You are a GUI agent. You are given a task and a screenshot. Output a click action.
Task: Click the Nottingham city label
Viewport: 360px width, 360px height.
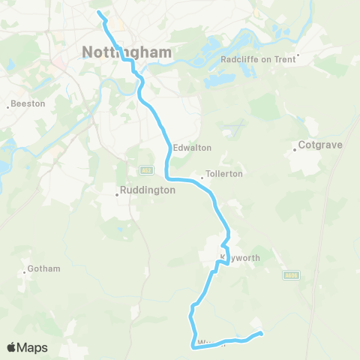click(x=126, y=52)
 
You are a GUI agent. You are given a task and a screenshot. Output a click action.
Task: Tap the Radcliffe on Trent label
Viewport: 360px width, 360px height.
click(x=259, y=59)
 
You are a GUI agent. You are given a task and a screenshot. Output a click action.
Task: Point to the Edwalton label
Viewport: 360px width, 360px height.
click(x=192, y=148)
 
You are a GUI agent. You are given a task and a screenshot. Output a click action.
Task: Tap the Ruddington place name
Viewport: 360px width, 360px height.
click(x=148, y=190)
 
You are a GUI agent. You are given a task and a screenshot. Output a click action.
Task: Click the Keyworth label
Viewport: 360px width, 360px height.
click(x=239, y=257)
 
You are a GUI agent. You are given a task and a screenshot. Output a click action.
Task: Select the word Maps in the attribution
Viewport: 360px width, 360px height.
click(x=33, y=347)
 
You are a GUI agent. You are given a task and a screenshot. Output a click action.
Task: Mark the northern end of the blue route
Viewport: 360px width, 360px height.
click(x=99, y=12)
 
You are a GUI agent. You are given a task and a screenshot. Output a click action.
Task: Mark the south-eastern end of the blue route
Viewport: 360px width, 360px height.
click(x=260, y=333)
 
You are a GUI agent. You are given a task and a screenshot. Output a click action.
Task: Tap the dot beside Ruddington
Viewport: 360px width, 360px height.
click(x=117, y=195)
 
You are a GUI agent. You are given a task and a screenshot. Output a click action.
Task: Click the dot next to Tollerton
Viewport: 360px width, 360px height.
click(x=202, y=178)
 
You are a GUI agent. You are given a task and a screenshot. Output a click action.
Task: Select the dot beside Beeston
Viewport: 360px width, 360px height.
click(x=7, y=106)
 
